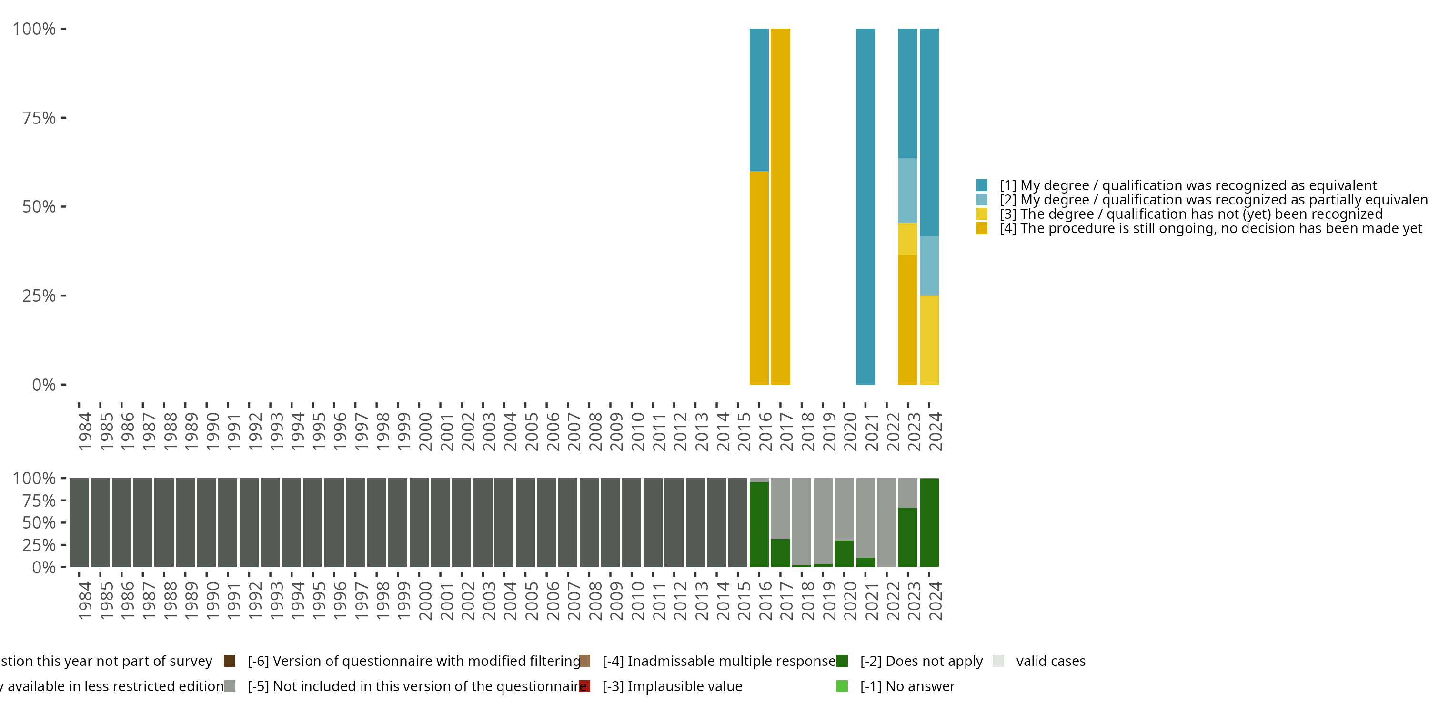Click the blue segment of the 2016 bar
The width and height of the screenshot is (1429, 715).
pyautogui.click(x=759, y=100)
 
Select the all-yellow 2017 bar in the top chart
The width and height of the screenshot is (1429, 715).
pyautogui.click(x=780, y=206)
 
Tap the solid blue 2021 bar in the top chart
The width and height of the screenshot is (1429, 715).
pyautogui.click(x=865, y=206)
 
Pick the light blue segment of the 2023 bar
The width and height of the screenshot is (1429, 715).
pyautogui.click(x=907, y=190)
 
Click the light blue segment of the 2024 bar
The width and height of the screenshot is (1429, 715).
pyautogui.click(x=929, y=266)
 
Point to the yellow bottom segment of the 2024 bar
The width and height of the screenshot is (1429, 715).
pyautogui.click(x=929, y=340)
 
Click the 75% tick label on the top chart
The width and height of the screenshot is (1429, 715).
pyautogui.click(x=39, y=118)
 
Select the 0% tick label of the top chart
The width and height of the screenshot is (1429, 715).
pyautogui.click(x=44, y=385)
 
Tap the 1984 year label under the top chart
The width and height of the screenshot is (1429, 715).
pyautogui.click(x=85, y=431)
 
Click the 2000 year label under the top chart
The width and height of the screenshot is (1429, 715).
pyautogui.click(x=425, y=431)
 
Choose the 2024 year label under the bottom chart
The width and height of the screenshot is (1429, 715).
pyautogui.click(x=936, y=601)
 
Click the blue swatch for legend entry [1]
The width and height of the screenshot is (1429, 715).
pyautogui.click(x=981, y=185)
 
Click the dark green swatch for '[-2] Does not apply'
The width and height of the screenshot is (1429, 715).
pyautogui.click(x=842, y=661)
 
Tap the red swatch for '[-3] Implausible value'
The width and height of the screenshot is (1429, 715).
pyautogui.click(x=584, y=686)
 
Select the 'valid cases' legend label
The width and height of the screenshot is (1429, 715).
pyautogui.click(x=1051, y=661)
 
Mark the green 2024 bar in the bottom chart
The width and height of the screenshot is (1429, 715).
pyautogui.click(x=929, y=522)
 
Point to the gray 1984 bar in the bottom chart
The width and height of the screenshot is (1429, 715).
pyautogui.click(x=79, y=522)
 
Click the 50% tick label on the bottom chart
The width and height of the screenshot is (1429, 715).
pyautogui.click(x=39, y=523)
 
